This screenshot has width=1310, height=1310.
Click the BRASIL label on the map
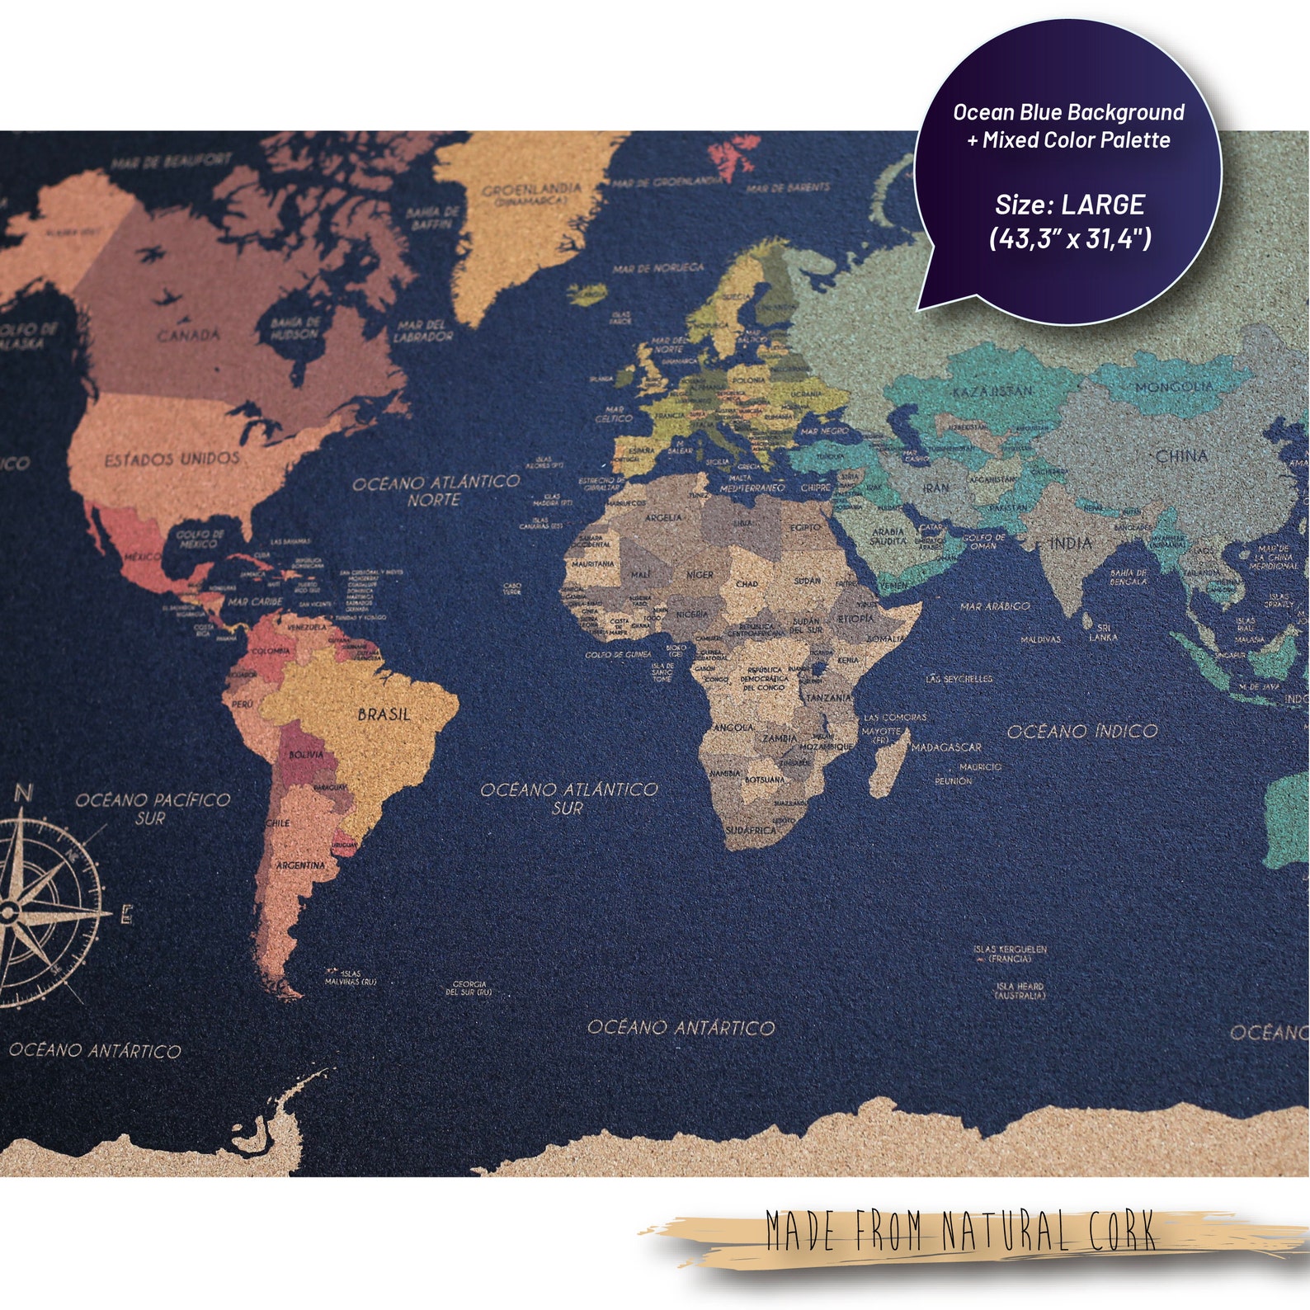coord(384,714)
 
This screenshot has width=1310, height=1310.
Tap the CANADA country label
coord(189,335)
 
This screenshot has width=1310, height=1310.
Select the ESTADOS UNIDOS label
coord(172,459)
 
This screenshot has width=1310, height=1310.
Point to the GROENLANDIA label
coord(531,191)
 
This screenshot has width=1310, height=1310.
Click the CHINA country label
coord(1181,455)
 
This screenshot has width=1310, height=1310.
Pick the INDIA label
coord(1071,543)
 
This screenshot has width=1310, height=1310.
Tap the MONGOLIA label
coord(1174,386)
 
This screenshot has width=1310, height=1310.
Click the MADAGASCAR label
coord(946,747)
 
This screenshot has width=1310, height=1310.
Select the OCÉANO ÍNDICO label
coord(1081,731)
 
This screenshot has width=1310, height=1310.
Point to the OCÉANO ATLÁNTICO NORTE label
coord(436,491)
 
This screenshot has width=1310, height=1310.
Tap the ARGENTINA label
coord(300,865)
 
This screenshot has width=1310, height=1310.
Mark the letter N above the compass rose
coord(24,794)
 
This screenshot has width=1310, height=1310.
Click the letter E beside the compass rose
coord(126,915)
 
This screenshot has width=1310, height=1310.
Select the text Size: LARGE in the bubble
coord(1069,205)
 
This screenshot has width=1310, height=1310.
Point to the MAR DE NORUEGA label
coord(657,268)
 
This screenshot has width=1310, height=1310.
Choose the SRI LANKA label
coord(1103,632)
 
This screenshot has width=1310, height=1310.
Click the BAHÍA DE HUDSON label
coord(294,328)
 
